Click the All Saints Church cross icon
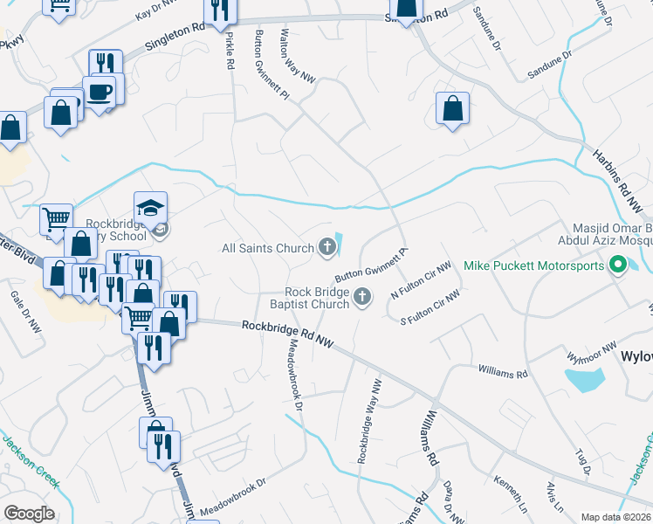coord(327,249)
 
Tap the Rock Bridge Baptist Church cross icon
coord(362,300)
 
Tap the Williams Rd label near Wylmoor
coord(503,373)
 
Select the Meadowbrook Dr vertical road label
coord(294,376)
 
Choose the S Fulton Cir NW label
coord(430,310)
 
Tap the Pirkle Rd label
coord(230,50)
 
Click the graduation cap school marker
coord(150,209)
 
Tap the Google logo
coord(29,513)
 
